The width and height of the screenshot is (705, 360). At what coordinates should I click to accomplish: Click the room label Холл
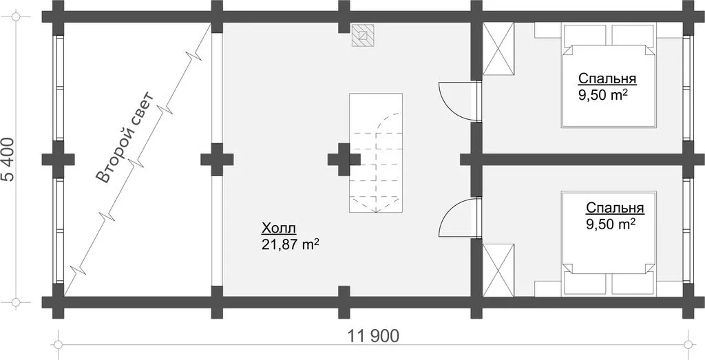[x=278, y=229]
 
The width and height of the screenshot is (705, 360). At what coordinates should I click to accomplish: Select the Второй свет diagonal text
[x=125, y=138]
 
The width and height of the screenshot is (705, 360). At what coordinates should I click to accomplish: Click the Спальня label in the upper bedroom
[x=607, y=78]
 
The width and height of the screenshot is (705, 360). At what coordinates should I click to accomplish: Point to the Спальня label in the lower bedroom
[x=615, y=208]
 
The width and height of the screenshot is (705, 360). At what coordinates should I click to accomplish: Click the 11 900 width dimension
[x=373, y=336]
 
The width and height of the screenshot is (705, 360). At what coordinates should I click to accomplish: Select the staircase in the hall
[x=376, y=152]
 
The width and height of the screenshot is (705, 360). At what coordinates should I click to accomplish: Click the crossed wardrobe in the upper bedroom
[x=498, y=50]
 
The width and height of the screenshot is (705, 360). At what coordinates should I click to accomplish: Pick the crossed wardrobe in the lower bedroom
[x=498, y=270]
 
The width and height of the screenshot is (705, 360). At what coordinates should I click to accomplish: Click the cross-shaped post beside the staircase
[x=344, y=160]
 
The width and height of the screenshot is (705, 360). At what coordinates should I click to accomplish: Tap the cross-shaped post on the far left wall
[x=58, y=160]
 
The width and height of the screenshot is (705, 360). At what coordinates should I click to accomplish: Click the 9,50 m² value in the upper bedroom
[x=603, y=95]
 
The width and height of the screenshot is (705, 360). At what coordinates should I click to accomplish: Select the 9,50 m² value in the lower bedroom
[x=611, y=224]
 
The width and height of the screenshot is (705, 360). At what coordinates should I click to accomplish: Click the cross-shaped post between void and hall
[x=217, y=160]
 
